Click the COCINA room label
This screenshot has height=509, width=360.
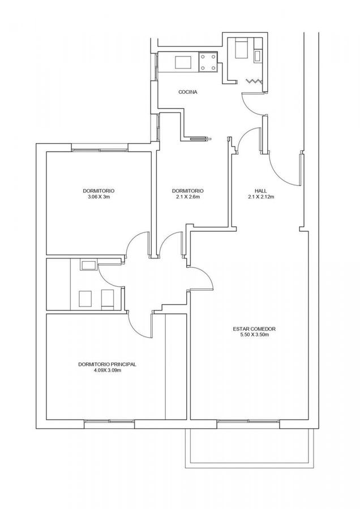188,92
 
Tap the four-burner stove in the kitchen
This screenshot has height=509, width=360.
208,62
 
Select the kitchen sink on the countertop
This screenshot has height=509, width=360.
183,62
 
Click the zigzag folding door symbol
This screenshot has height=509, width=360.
254,81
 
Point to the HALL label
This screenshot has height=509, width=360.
261,191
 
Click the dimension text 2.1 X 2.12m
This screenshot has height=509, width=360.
261,197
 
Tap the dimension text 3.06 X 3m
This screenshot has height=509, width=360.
98,197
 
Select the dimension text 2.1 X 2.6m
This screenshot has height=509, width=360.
188,197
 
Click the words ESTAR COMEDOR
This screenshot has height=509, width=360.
254,329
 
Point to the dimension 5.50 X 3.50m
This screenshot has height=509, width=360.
254,335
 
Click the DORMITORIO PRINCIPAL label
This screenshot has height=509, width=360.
107,365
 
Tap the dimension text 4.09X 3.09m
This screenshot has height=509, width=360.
107,370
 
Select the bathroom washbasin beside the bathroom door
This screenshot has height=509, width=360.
89,265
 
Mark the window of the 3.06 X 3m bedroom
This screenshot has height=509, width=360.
100,150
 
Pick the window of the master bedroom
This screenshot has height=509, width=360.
109,421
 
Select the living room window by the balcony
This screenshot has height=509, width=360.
248,421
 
